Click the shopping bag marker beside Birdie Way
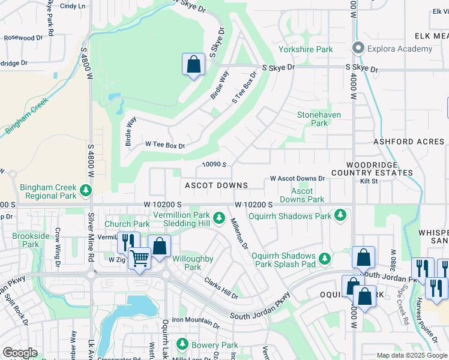[193, 64]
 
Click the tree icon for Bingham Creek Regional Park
[86, 191]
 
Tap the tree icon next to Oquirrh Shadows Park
[340, 215]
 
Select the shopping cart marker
[139, 259]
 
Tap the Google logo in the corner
[20, 353]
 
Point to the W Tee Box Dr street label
[165, 145]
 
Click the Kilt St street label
[368, 181]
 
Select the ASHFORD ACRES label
[409, 142]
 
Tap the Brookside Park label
[31, 240]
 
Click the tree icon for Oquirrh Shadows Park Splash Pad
[325, 258]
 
